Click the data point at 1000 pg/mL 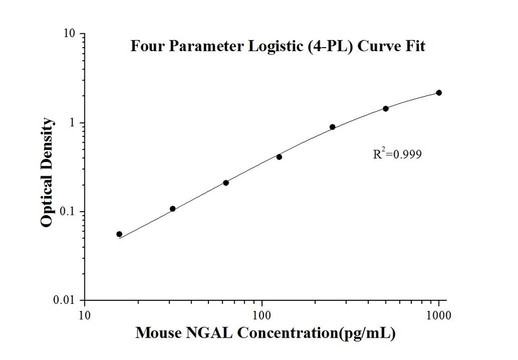(x=439, y=93)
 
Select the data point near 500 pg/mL (x=385, y=108)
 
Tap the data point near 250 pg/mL (x=332, y=127)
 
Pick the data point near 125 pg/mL (x=279, y=157)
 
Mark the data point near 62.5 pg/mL (x=226, y=183)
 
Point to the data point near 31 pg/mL (x=172, y=209)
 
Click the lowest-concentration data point (x=119, y=234)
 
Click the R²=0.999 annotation (x=397, y=154)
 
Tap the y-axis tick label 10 (x=69, y=34)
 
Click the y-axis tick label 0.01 (x=67, y=300)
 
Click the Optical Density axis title (x=47, y=173)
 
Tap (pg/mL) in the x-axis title (x=368, y=334)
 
